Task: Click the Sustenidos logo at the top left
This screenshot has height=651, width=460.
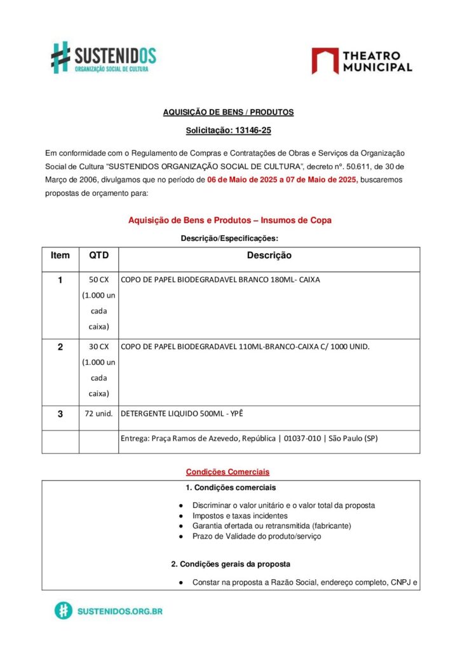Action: tap(103, 57)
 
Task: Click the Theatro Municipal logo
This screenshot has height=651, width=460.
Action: tap(362, 61)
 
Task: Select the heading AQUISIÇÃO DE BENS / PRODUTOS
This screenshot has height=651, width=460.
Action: tap(228, 112)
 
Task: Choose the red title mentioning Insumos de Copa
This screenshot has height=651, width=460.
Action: tap(230, 220)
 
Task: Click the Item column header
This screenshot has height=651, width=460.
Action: tap(60, 256)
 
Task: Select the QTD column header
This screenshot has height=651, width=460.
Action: tap(98, 256)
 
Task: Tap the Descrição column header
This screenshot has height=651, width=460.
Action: tap(269, 256)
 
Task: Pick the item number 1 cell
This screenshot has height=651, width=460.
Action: tap(60, 280)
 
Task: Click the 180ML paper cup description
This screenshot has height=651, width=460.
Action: tap(220, 280)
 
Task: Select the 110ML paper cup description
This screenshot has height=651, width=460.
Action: tap(245, 347)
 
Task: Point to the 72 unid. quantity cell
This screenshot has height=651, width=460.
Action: tap(98, 414)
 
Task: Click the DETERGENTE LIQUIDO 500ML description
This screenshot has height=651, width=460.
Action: tap(182, 414)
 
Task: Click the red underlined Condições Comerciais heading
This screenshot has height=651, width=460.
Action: tap(227, 472)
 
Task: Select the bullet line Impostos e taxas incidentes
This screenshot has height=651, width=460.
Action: tap(240, 516)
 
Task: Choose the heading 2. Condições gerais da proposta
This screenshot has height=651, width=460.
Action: tap(231, 564)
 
